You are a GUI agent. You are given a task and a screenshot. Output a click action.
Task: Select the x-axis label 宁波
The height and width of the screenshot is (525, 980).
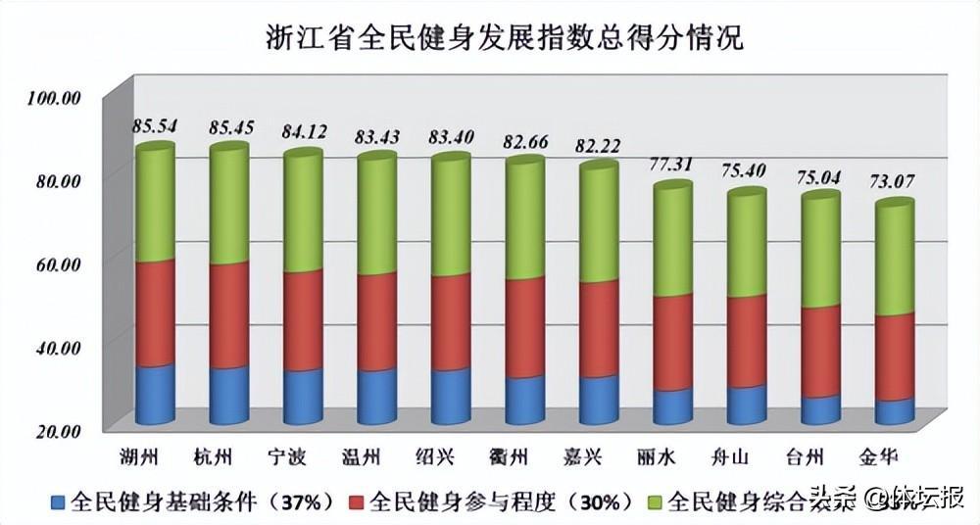303,456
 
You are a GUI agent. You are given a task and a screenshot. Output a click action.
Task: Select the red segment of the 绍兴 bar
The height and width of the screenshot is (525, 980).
451,323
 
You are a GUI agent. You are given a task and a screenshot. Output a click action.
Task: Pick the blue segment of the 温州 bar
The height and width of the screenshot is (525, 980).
376,398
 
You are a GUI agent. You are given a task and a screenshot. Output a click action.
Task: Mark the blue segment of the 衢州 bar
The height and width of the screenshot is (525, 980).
525,402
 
